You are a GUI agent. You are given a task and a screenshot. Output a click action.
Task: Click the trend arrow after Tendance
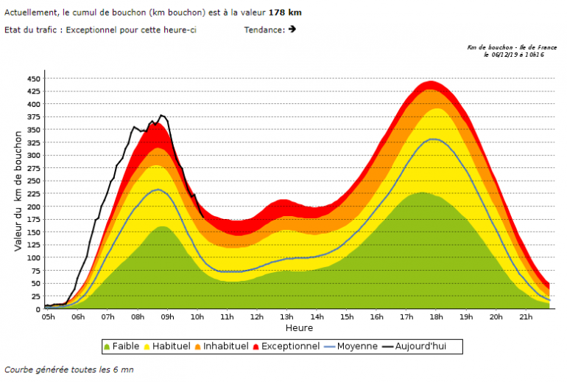pyautogui.click(x=292, y=29)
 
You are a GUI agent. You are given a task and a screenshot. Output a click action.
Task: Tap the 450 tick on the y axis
pyautogui.click(x=33, y=78)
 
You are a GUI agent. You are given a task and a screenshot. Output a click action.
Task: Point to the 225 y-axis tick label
pyautogui.click(x=33, y=194)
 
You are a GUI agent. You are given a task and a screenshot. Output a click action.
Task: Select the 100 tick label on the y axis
pyautogui.click(x=33, y=258)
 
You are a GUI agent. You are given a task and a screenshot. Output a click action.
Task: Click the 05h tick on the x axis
pyautogui.click(x=48, y=317)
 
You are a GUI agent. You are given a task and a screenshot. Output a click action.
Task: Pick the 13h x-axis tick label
pyautogui.click(x=286, y=317)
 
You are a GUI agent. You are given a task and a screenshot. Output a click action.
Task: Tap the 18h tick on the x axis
pyautogui.click(x=436, y=317)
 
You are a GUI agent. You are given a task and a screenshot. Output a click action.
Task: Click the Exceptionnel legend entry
pyautogui.click(x=292, y=346)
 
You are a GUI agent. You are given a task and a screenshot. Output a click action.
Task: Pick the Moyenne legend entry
pyautogui.click(x=357, y=346)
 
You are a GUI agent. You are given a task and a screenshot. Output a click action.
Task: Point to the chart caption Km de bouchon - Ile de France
pyautogui.click(x=512, y=47)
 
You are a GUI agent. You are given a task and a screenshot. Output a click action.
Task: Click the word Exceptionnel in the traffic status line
pyautogui.click(x=91, y=29)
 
